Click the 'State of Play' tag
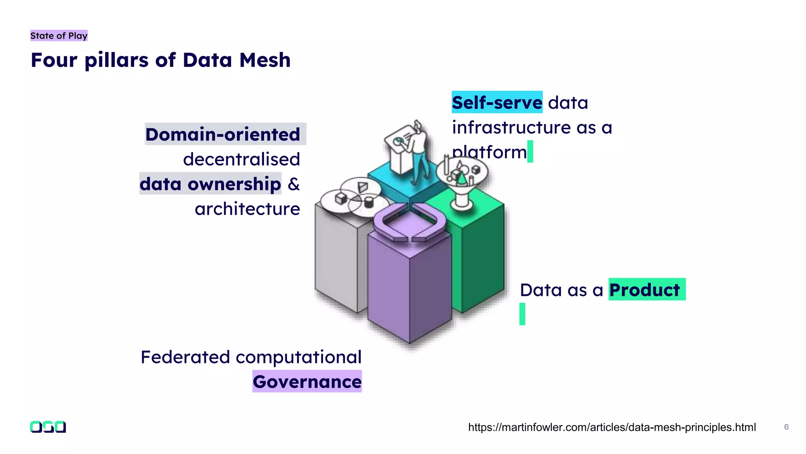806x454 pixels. click(59, 36)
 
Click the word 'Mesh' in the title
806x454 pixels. click(265, 60)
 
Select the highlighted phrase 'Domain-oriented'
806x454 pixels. click(223, 134)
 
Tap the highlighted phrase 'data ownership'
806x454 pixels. click(210, 184)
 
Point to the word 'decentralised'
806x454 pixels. click(241, 159)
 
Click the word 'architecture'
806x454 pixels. click(247, 209)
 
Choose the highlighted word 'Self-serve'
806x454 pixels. click(497, 102)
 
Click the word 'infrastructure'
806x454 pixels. click(511, 127)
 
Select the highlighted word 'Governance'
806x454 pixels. click(307, 381)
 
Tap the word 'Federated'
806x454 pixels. click(185, 357)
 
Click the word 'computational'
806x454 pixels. click(298, 357)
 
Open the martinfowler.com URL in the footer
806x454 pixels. click(612, 427)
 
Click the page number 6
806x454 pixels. click(786, 427)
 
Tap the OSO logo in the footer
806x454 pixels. click(48, 427)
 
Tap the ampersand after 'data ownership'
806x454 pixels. click(294, 184)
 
